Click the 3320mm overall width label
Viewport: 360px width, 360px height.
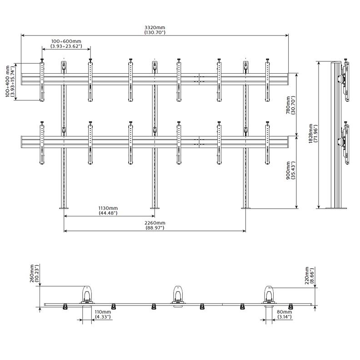155,28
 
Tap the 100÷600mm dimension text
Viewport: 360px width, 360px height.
66,41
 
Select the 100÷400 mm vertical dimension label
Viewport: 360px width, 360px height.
8,81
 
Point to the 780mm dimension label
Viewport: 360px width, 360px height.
288,105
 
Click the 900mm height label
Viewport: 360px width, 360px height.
288,170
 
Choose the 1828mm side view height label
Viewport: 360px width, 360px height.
310,134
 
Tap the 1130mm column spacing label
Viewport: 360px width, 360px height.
108,208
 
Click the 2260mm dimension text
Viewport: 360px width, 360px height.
155,223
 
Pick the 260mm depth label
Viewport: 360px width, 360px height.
32,273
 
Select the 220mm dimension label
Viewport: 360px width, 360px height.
307,275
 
